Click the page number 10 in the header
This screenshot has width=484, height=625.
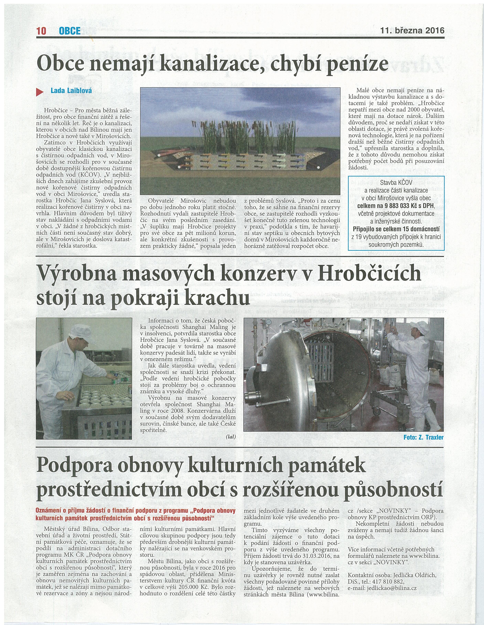(x=41, y=31)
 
